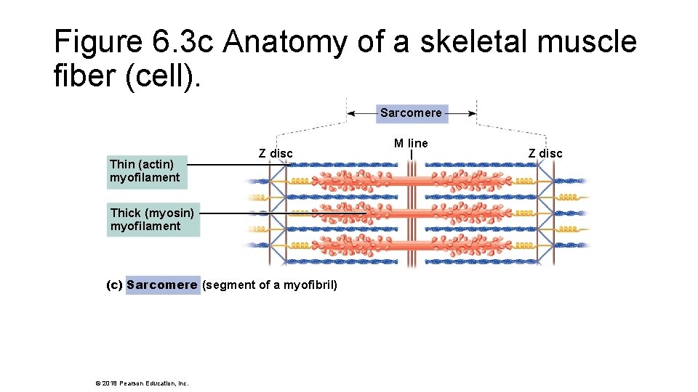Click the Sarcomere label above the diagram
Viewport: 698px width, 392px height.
(x=411, y=113)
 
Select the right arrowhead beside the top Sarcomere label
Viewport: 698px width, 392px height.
(x=472, y=113)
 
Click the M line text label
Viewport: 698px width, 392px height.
(x=411, y=143)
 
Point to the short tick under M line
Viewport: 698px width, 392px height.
(x=412, y=155)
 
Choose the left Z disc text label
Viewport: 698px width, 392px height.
(x=276, y=153)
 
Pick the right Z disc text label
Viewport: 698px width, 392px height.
(x=545, y=153)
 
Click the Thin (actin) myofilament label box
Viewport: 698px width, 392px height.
(x=146, y=171)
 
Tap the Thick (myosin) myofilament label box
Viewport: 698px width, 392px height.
(x=153, y=219)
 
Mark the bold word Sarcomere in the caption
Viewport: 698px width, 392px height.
(x=161, y=285)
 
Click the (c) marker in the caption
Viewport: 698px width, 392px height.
(x=115, y=285)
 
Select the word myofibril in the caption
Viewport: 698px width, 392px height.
(x=309, y=285)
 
